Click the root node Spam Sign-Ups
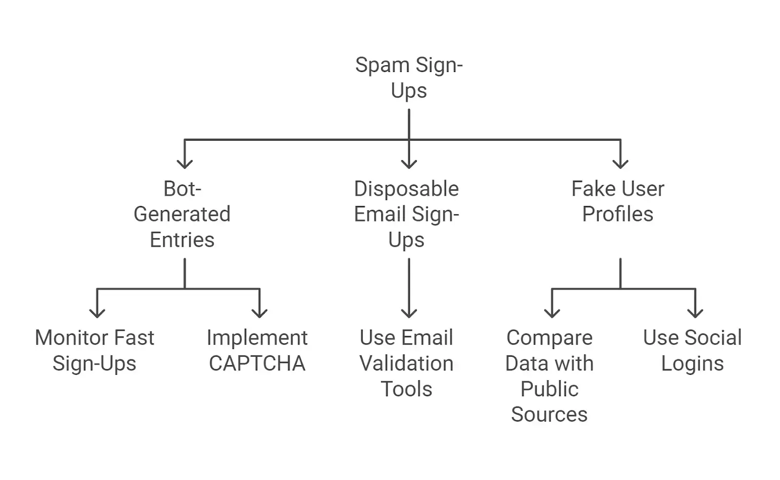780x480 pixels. coord(409,78)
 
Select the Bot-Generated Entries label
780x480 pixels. coord(182,214)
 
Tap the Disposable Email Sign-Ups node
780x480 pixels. coord(407,214)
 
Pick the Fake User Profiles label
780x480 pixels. coord(618,202)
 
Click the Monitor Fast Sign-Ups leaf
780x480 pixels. coord(95,351)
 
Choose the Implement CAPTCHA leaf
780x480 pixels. coord(257,351)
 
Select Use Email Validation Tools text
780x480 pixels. coord(407,363)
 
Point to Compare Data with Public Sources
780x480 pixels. coord(549,376)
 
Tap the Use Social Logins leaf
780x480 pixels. coord(692,351)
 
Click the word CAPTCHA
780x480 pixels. coord(257,364)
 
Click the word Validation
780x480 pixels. coord(407,364)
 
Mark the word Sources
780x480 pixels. coord(549,415)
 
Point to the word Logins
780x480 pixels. coord(692,364)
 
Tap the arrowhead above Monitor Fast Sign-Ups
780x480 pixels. coord(97,313)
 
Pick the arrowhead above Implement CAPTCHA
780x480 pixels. coord(260,313)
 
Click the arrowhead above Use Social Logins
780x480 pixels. coord(695,313)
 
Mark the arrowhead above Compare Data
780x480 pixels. coord(552,313)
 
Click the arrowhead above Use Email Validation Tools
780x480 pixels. coord(409,313)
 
